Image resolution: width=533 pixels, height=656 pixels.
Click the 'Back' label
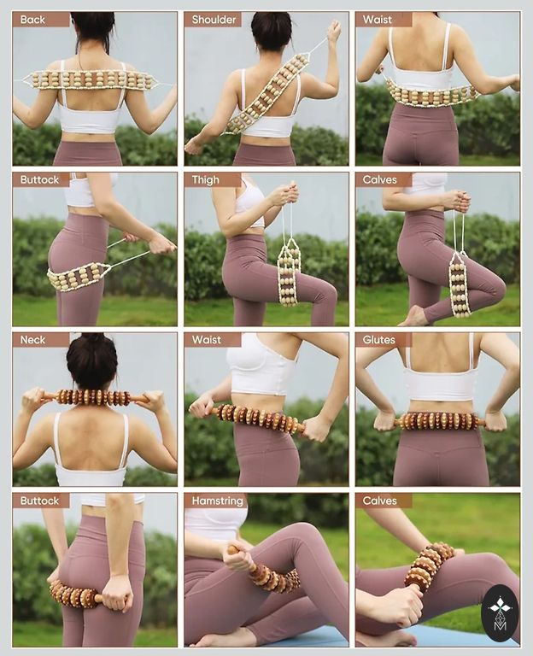(32, 20)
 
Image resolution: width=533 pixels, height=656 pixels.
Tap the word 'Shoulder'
(214, 20)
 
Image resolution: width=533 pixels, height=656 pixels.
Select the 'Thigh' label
(205, 180)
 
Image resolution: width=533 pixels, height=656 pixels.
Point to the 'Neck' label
(32, 340)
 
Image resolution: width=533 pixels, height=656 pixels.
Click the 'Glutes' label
(378, 340)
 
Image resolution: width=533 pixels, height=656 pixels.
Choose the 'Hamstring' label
(217, 501)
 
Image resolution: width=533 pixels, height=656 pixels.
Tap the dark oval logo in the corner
(499, 613)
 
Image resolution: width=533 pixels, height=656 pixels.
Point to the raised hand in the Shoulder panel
(334, 31)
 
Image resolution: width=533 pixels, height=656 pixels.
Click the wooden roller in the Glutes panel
(439, 421)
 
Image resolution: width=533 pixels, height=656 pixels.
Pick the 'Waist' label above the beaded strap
(378, 20)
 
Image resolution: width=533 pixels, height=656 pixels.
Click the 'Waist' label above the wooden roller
(206, 340)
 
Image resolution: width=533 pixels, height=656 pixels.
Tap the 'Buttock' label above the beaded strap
(39, 180)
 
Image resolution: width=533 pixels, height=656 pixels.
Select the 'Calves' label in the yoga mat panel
(379, 501)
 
